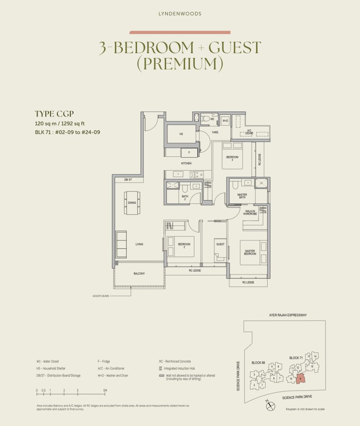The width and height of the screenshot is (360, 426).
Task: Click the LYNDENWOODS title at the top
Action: click(x=180, y=14)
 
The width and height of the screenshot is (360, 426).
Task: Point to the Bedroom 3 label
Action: click(x=232, y=158)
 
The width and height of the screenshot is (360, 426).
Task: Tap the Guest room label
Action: click(x=220, y=245)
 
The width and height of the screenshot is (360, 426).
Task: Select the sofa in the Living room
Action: click(x=121, y=244)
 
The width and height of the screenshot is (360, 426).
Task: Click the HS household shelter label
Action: click(x=181, y=134)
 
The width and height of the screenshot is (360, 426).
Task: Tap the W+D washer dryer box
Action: click(x=225, y=120)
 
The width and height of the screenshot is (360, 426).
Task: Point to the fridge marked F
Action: click(x=189, y=153)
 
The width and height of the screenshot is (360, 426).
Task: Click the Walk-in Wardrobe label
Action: click(x=250, y=213)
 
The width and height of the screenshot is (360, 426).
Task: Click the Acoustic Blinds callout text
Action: click(x=102, y=296)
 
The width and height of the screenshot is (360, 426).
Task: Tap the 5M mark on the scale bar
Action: click(x=105, y=390)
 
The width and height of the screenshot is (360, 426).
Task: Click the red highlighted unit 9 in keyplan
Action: click(x=301, y=378)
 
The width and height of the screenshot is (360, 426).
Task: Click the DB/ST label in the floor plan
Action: click(x=128, y=180)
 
